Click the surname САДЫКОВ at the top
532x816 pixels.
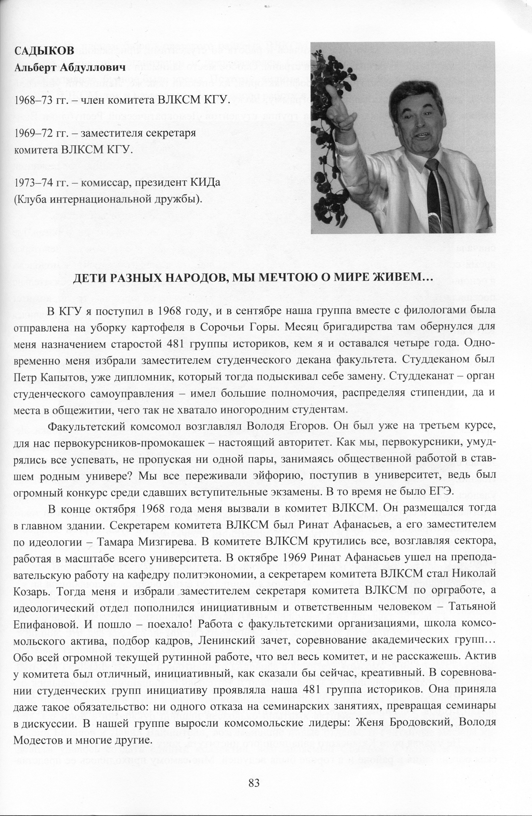44,51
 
